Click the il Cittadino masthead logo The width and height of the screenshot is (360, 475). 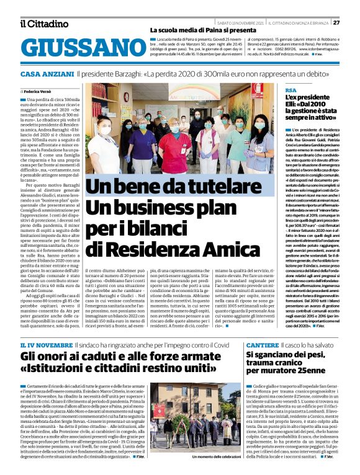pos(43,24)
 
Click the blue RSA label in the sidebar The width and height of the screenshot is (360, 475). pos(290,91)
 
